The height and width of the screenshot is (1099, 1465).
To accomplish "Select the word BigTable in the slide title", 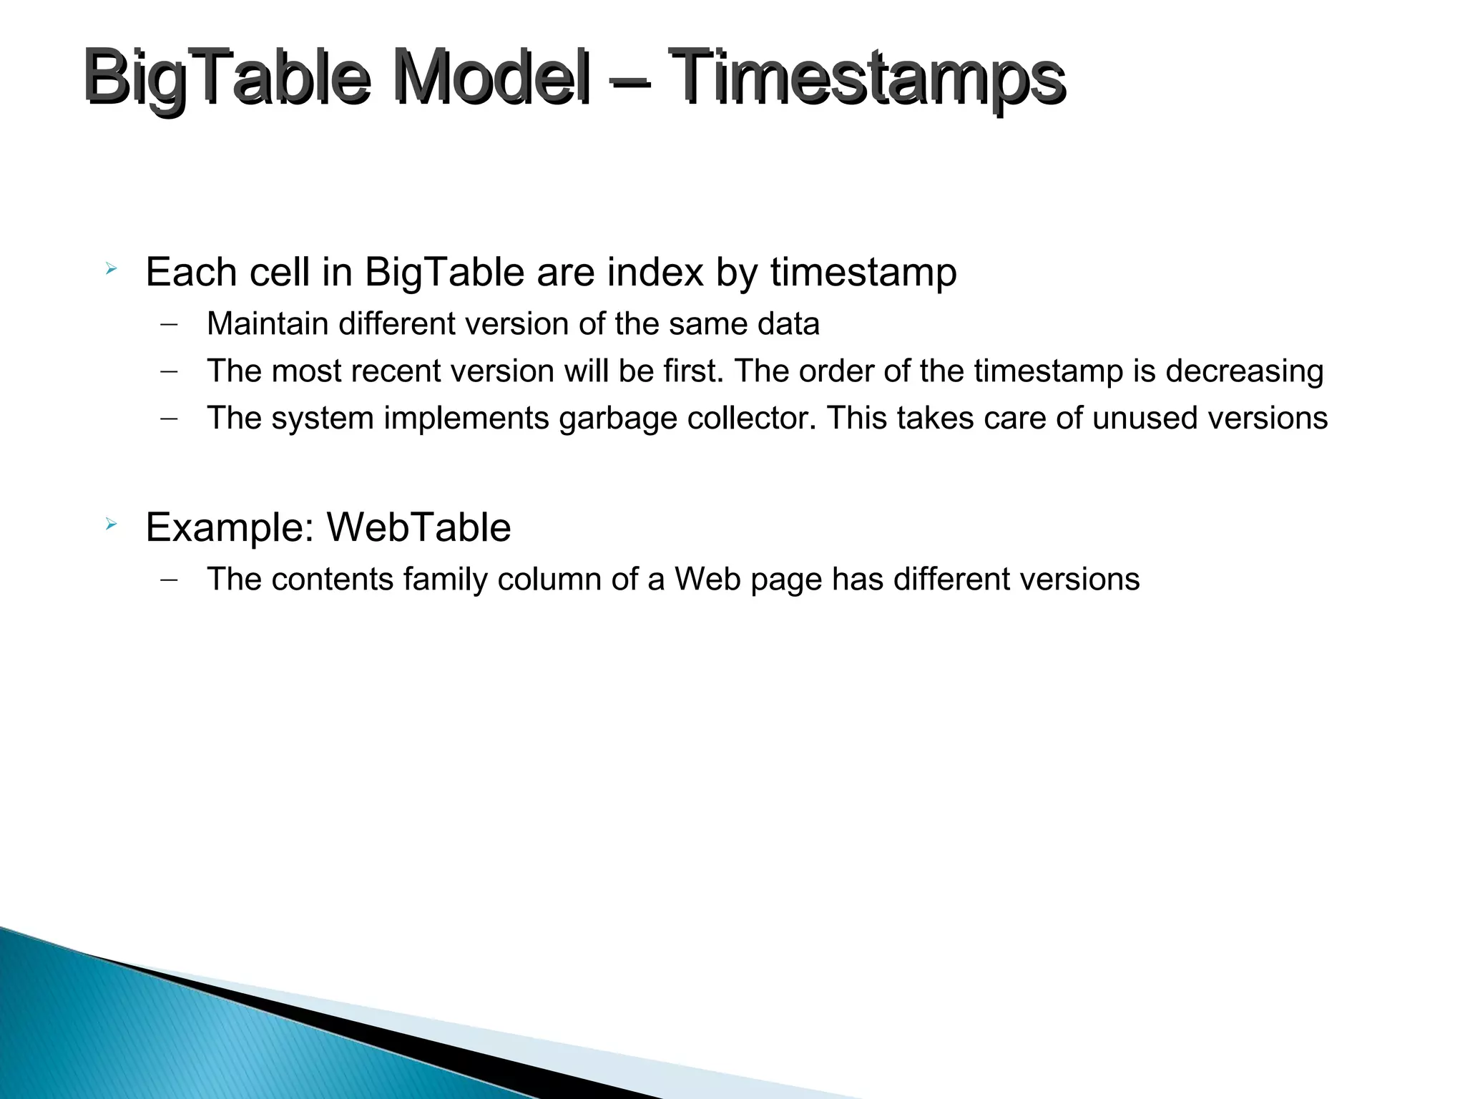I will coord(226,77).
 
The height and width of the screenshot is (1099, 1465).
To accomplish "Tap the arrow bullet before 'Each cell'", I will coord(110,270).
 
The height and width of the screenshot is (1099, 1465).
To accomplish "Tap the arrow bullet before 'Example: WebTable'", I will coord(110,525).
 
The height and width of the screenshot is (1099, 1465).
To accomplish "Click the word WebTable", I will coord(418,528).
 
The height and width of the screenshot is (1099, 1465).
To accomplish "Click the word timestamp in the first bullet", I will coord(863,273).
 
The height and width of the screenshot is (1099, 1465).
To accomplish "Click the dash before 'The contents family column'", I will coord(169,580).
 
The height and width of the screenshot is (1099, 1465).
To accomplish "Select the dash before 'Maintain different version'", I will coord(169,324).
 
